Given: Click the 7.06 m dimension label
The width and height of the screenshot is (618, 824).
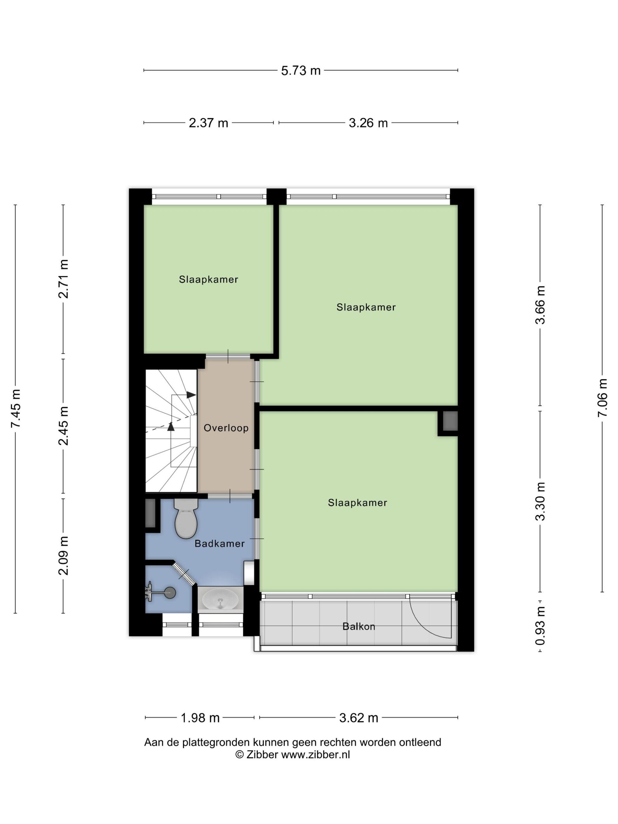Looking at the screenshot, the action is click(602, 398).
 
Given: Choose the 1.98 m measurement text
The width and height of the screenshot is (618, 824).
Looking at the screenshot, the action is click(200, 717).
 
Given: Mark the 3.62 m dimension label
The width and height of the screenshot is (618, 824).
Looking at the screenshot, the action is click(358, 717).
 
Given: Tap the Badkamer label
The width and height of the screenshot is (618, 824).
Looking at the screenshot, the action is click(220, 544).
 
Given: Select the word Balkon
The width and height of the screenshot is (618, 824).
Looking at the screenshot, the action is click(359, 626).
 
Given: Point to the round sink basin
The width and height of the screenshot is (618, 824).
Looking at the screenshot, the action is click(220, 599).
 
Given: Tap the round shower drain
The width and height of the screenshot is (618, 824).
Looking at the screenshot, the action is click(170, 593).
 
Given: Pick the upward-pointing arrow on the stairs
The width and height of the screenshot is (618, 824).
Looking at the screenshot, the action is click(171, 426).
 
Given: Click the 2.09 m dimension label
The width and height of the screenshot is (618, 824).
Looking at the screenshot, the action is click(64, 555).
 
